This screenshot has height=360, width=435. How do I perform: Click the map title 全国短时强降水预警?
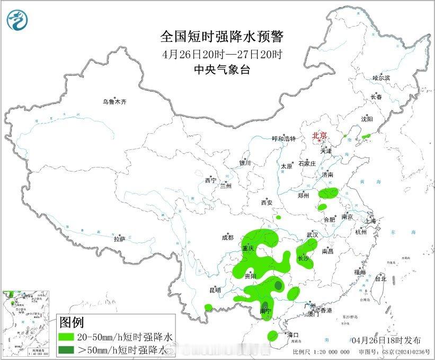222,37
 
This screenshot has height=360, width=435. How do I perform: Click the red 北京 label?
319,136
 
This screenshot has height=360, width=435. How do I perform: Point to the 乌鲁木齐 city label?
115,101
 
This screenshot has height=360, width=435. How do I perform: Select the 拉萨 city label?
119,239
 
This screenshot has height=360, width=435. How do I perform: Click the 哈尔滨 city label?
380,78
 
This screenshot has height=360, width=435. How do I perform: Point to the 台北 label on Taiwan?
380,278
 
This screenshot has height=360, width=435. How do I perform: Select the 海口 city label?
292,335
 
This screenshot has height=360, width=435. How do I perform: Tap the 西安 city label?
266,203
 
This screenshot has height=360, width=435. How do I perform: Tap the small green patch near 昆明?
208,307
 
